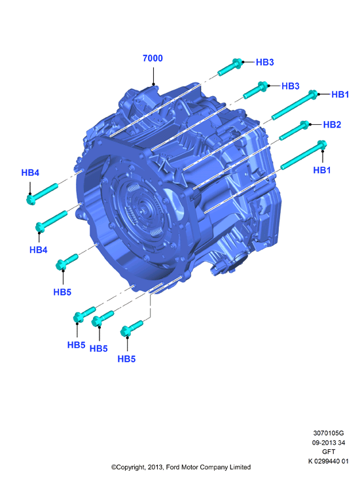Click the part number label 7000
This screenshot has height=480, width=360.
point(153,58)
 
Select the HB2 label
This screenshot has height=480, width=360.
point(332,125)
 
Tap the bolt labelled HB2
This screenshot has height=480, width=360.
point(295,130)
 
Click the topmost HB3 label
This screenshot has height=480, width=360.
point(264,62)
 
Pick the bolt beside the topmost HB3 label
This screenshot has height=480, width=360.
point(230,67)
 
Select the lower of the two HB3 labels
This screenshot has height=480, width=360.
point(291,86)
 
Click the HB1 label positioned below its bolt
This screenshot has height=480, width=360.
point(321,170)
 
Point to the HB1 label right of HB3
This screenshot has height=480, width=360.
point(340,95)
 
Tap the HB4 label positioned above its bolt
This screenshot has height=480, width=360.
point(30,173)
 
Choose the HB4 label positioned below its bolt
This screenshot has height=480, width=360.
point(39,250)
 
